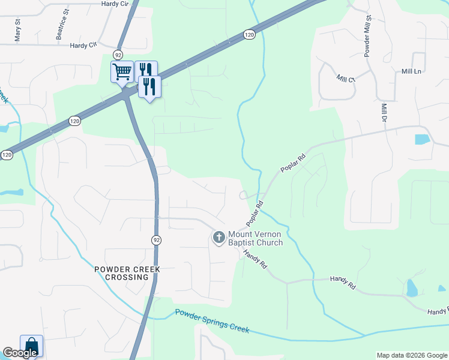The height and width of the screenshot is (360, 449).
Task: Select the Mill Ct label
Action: point(346,79)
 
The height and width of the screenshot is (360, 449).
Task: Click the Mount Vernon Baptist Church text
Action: point(255,238)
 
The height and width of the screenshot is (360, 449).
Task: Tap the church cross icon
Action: point(218,238)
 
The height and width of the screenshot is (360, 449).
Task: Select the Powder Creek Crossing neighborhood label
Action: point(127,273)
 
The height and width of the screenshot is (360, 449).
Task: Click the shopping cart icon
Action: point(122,72)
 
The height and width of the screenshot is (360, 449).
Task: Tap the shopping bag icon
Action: point(31,346)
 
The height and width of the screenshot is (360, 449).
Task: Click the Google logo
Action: point(19,353)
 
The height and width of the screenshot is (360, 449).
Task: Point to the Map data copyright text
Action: point(411,355)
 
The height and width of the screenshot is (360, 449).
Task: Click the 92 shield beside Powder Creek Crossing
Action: point(156,240)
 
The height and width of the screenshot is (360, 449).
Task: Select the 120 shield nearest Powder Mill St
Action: point(250,35)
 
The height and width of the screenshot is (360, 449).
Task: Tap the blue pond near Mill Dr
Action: point(422,139)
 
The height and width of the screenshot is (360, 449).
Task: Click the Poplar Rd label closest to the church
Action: point(255,213)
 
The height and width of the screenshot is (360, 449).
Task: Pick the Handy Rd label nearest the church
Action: point(255,259)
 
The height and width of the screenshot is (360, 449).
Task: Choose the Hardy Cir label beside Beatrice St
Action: point(83,45)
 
